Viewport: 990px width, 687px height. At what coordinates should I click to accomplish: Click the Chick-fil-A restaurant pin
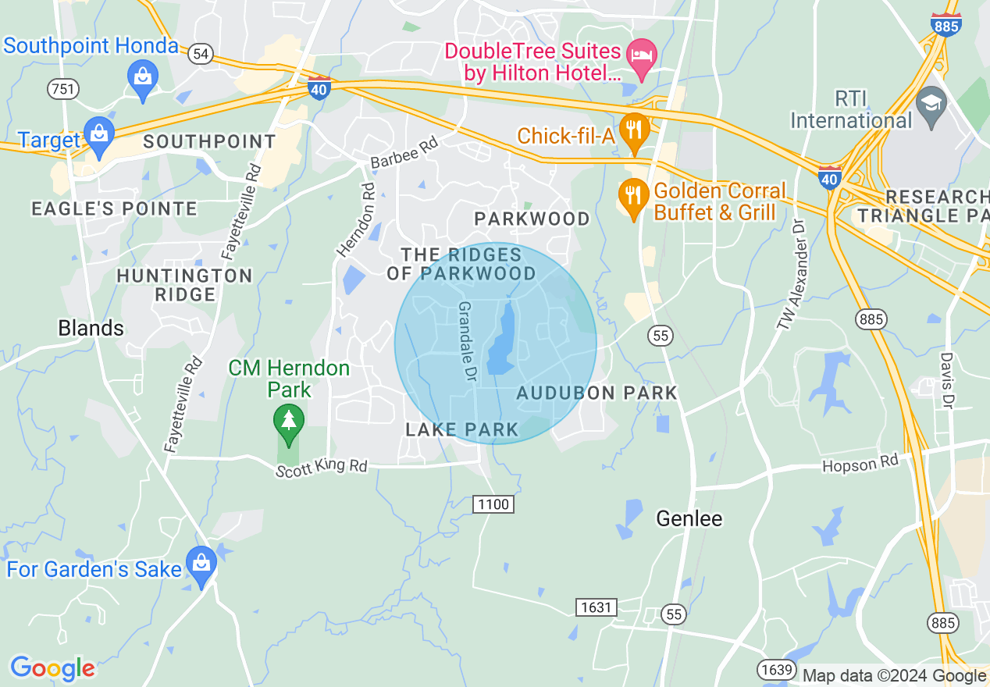point(633,130)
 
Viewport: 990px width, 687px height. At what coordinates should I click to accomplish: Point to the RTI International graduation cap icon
point(931,103)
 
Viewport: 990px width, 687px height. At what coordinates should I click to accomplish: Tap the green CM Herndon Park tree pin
point(289,422)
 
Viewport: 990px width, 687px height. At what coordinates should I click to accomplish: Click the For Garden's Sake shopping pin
point(202,565)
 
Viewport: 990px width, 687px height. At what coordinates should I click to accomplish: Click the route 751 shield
point(62,88)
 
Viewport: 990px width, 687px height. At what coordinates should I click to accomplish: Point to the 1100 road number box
point(493,504)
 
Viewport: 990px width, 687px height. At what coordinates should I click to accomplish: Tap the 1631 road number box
point(596,607)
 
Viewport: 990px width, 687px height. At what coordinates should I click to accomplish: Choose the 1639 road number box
point(775,669)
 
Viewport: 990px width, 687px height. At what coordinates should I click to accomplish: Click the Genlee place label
point(689,518)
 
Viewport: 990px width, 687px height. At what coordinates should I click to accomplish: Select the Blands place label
point(91,328)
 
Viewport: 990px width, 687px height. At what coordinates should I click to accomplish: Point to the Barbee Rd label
point(404,153)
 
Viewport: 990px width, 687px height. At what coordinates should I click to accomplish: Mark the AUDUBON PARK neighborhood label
point(597,393)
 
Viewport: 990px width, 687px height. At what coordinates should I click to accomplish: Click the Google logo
point(52,668)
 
